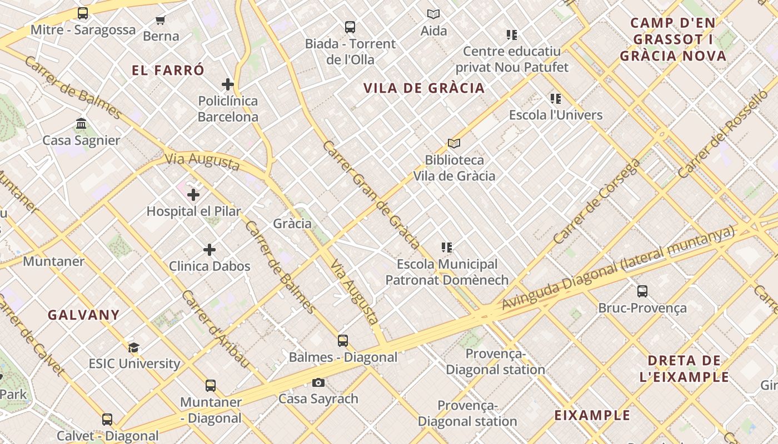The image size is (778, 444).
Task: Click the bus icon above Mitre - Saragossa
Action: point(83,13)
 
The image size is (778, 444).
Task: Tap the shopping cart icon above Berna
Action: point(161,21)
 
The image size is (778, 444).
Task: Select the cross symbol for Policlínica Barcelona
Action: point(228,84)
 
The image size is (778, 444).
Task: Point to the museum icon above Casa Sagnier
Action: point(81,123)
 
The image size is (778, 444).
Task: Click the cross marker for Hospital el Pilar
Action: point(193,195)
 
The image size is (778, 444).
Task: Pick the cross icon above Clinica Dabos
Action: point(210,250)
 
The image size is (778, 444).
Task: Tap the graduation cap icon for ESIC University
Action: point(133,347)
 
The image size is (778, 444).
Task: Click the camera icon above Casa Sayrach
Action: point(318,382)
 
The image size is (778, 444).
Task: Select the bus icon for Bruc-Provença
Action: point(642,291)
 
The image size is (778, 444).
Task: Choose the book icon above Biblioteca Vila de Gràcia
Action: point(454,144)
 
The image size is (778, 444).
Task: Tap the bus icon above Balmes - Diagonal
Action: point(343,341)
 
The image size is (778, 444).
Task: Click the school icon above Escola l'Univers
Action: point(556,99)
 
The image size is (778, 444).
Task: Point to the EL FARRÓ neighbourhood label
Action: point(168,70)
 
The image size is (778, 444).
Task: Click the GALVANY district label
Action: point(84,315)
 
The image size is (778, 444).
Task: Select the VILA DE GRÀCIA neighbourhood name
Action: point(424,88)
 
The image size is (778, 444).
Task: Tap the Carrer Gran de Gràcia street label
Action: point(371,195)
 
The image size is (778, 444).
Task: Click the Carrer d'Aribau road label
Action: point(215,328)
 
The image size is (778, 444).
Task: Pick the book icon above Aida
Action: point(433,14)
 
